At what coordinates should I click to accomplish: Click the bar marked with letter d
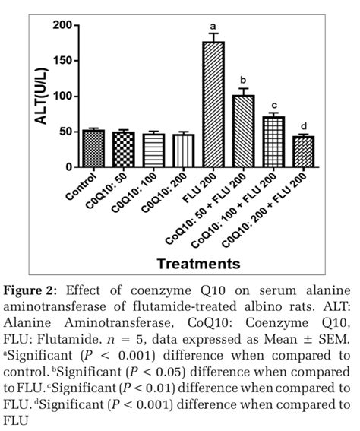[x=302, y=151]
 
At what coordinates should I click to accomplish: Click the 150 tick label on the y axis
[x=62, y=61]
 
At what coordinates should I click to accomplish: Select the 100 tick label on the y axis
[x=62, y=97]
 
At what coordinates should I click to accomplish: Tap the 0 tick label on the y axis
[x=68, y=167]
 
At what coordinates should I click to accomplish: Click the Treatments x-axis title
[x=199, y=264]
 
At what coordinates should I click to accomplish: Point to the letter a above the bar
[x=213, y=25]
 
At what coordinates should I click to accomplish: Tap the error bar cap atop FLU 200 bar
[x=213, y=33]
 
